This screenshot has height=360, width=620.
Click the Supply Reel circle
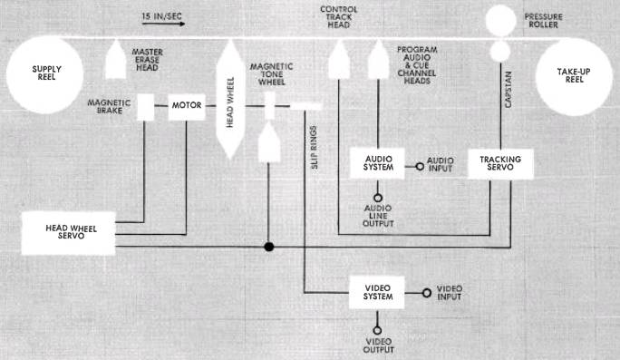[x=44, y=75]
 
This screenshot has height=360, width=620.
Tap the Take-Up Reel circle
[x=574, y=77]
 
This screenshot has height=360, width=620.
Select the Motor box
[x=187, y=107]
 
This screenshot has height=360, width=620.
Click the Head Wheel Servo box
[x=68, y=233]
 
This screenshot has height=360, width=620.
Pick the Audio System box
[x=378, y=163]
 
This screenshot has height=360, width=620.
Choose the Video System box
[x=377, y=292]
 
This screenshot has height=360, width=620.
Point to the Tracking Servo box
[x=500, y=163]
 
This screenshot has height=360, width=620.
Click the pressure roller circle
[x=501, y=21]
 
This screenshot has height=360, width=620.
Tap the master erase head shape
[x=116, y=59]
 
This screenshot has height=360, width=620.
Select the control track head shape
[x=339, y=59]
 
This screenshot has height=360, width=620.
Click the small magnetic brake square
[x=146, y=107]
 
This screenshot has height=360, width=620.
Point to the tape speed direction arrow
[x=163, y=24]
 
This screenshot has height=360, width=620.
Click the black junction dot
[x=269, y=247]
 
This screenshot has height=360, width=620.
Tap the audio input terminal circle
[x=420, y=167]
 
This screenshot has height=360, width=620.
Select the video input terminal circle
[x=427, y=293]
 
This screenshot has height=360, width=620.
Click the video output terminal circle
[x=377, y=330]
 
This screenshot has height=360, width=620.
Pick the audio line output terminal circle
[x=378, y=198]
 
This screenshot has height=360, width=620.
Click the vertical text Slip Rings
[x=314, y=148]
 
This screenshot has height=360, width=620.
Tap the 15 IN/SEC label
[x=161, y=16]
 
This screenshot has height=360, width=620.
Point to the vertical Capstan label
[x=509, y=90]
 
